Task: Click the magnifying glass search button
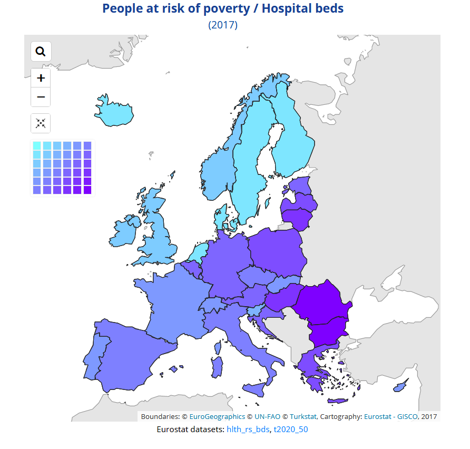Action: point(41,51)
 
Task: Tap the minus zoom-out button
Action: point(41,97)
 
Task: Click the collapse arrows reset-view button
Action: point(41,123)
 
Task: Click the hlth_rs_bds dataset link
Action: point(248,430)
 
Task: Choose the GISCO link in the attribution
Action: point(408,416)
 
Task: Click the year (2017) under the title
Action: point(223,25)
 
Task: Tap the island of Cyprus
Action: point(401,386)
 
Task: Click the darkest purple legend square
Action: point(87,190)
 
